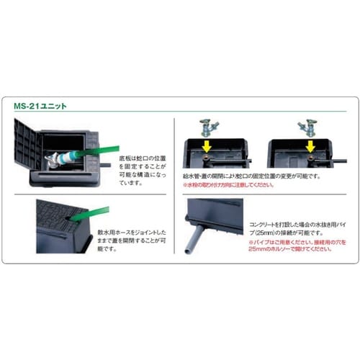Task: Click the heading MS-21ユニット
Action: pos(40,105)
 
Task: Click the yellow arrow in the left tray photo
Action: pos(207,146)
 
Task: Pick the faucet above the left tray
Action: pos(207,127)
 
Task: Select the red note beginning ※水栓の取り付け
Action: pos(228,185)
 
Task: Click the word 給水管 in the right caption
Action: pos(192,175)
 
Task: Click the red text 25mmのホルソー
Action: pos(269,251)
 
